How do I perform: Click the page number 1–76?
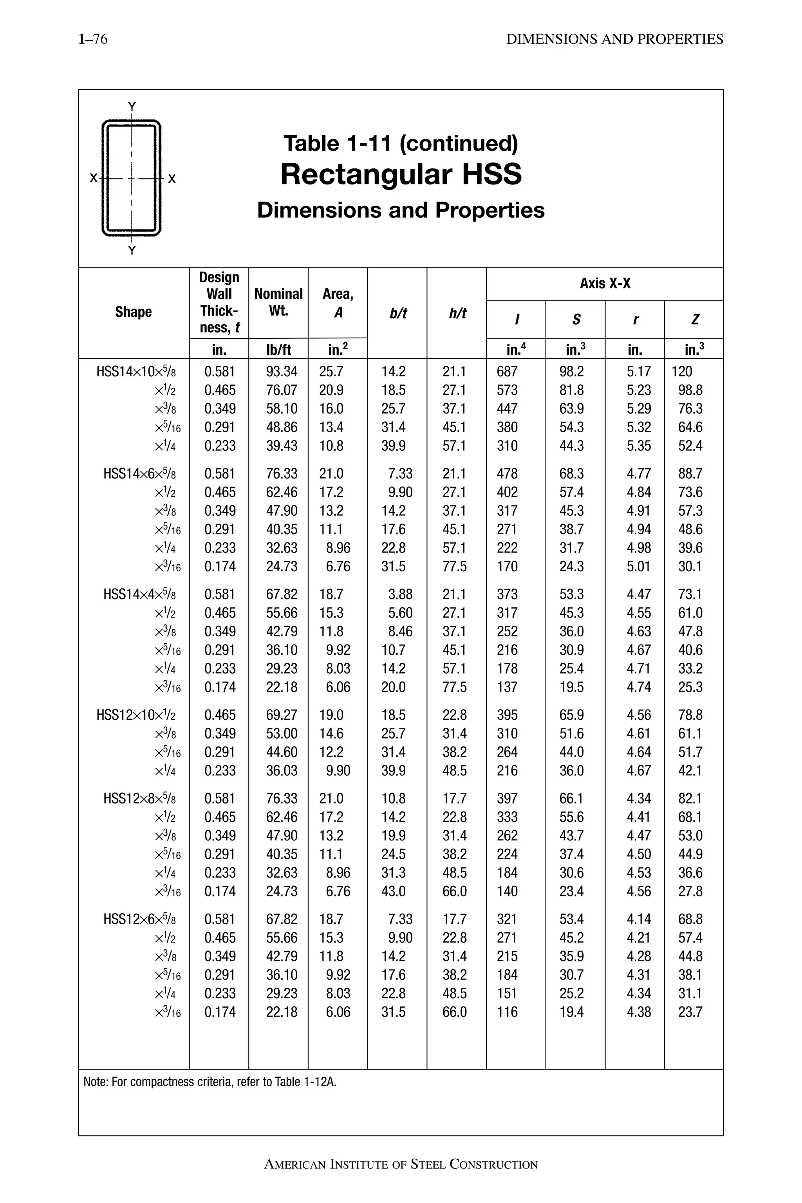(92, 40)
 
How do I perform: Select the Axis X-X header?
(605, 284)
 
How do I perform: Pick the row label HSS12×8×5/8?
(140, 798)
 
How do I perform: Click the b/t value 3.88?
(400, 594)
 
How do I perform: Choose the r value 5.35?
(639, 446)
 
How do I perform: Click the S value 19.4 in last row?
(571, 1012)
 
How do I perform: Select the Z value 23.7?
(690, 1012)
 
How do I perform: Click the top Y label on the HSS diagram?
(132, 107)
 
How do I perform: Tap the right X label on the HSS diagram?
(172, 179)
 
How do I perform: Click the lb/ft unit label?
(278, 349)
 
